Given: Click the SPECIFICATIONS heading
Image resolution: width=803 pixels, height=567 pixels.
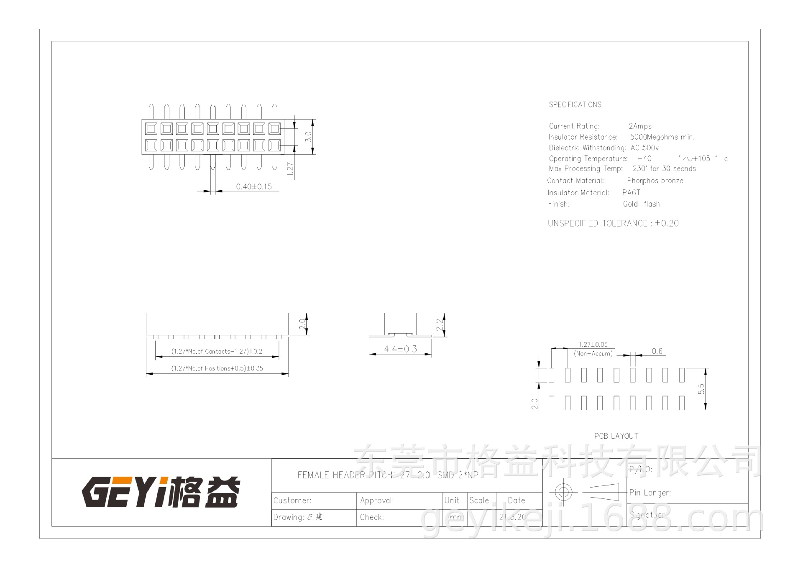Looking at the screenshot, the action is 575,105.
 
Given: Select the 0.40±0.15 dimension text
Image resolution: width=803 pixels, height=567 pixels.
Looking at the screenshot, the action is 253,186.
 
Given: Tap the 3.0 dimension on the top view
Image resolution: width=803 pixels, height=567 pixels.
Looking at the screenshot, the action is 308,136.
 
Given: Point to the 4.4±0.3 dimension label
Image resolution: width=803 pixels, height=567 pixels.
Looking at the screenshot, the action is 400,349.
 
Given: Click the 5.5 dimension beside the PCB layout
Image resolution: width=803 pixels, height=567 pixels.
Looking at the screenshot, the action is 701,389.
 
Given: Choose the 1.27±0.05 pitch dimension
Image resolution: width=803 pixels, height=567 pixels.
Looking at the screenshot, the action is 593,345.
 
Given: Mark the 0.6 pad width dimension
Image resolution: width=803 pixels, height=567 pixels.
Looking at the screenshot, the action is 657,351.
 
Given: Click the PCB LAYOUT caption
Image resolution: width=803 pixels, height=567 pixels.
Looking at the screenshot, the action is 616,436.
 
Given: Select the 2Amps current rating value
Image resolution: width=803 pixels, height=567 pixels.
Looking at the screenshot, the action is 640,126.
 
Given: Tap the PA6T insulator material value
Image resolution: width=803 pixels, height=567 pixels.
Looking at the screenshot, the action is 631,193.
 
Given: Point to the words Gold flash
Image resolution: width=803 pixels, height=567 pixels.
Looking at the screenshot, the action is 641,204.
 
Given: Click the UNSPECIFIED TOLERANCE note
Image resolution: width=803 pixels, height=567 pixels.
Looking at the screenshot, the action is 613,223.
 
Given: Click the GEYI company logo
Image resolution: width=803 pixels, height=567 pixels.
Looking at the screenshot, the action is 161,492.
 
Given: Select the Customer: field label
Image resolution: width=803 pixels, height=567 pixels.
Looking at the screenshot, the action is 292,501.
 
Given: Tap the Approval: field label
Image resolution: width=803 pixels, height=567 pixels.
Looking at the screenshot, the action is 377,501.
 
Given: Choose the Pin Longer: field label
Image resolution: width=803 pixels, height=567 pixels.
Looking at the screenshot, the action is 650,493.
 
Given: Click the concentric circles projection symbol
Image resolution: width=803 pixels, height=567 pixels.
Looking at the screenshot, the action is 563,492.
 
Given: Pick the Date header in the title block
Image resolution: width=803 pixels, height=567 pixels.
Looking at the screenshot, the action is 516,501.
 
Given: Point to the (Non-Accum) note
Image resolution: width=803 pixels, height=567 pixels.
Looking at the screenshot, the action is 593,354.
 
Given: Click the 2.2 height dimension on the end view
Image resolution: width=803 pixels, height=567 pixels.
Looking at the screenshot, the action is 439,325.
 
